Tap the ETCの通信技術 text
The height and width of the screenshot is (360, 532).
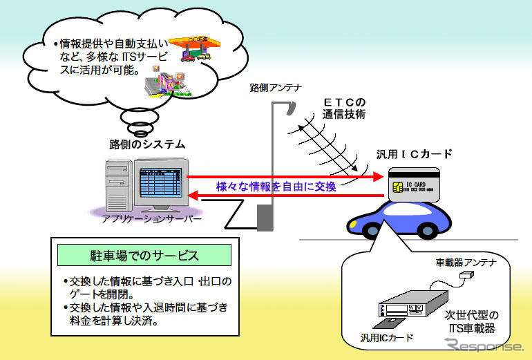(343, 108)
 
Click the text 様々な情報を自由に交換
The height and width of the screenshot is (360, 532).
(276, 187)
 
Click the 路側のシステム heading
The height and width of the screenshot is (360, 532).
(147, 144)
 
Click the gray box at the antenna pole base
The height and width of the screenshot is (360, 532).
(266, 217)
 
